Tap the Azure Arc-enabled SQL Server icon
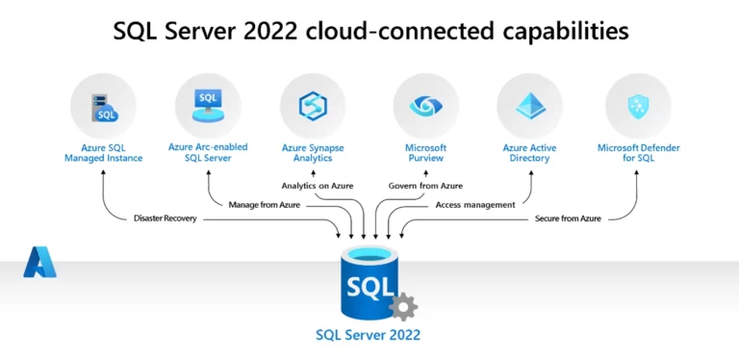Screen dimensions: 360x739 pyautogui.click(x=208, y=106)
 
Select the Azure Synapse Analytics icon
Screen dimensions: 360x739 pyautogui.click(x=313, y=106)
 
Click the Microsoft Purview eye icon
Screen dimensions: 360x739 pyautogui.click(x=425, y=106)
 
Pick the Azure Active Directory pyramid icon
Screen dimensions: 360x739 pyautogui.click(x=529, y=106)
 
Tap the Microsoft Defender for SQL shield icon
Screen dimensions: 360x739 pyautogui.click(x=638, y=106)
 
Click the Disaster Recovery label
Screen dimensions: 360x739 pyautogui.click(x=166, y=219)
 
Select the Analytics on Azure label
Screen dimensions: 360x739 pyautogui.click(x=318, y=185)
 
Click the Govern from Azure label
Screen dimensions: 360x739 pyautogui.click(x=425, y=185)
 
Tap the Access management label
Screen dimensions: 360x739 pyautogui.click(x=474, y=204)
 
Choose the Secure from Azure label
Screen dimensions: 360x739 pyautogui.click(x=568, y=219)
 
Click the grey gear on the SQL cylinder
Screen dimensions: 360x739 pyautogui.click(x=403, y=307)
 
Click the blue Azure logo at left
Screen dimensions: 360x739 pyautogui.click(x=39, y=262)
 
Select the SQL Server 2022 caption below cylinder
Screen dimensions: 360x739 pyautogui.click(x=369, y=336)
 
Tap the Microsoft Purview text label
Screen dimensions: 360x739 pyautogui.click(x=425, y=152)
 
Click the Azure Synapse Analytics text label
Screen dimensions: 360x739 pyautogui.click(x=313, y=152)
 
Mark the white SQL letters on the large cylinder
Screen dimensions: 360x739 pyautogui.click(x=369, y=287)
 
